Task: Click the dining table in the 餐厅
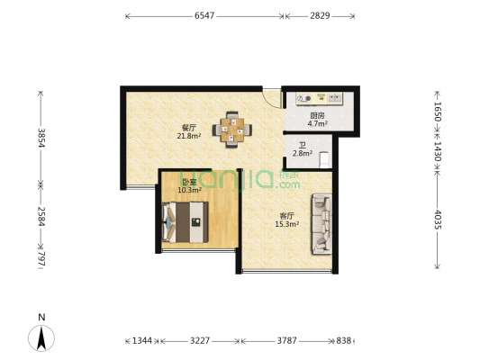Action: pyautogui.click(x=233, y=130)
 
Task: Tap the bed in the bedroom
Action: pyautogui.click(x=186, y=221)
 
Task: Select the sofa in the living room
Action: pyautogui.click(x=320, y=222)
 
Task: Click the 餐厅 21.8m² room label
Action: pyautogui.click(x=188, y=132)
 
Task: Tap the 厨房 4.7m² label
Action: pyautogui.click(x=318, y=119)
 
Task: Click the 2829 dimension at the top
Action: pyautogui.click(x=320, y=16)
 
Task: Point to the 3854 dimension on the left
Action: pyautogui.click(x=40, y=138)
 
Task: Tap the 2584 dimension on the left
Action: pyautogui.click(x=40, y=215)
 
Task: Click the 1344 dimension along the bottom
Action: pyautogui.click(x=142, y=341)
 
